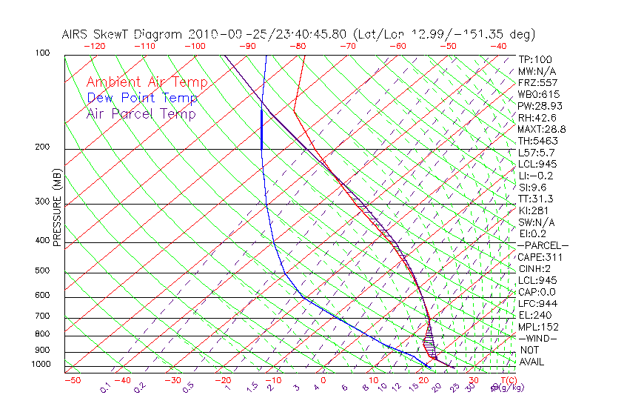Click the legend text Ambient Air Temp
147,82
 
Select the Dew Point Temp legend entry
142,98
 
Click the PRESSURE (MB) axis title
58,207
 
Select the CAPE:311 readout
540,257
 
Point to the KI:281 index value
534,210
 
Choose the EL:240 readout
534,315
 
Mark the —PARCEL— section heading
543,245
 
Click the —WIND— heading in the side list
537,338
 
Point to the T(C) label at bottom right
506,380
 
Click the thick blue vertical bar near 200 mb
261,129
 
